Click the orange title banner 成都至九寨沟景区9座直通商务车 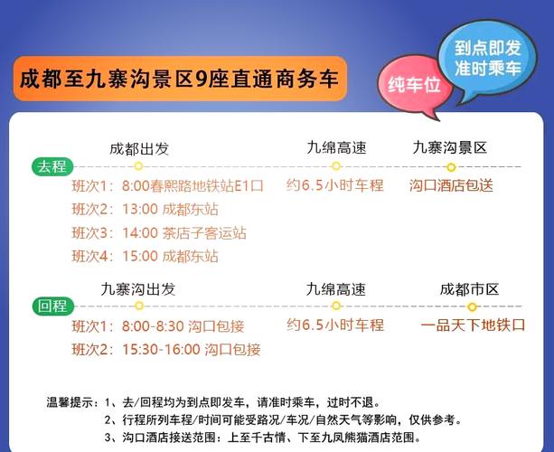click(x=180, y=79)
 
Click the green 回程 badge click(x=52, y=306)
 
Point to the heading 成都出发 click(x=138, y=148)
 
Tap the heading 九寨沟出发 click(x=138, y=289)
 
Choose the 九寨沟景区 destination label click(x=450, y=147)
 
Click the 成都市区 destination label click(x=469, y=289)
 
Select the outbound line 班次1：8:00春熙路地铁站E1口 click(x=167, y=186)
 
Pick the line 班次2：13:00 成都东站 click(x=145, y=210)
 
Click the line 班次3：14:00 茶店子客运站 click(x=158, y=233)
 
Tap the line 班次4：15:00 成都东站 click(x=145, y=257)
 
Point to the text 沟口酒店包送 click(x=451, y=185)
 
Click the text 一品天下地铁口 click(x=473, y=325)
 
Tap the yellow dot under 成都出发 click(x=138, y=166)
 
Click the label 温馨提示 click(x=71, y=402)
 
